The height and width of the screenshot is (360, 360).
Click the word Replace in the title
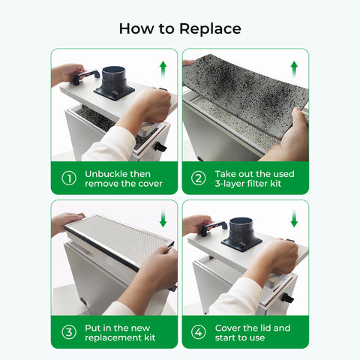(211, 28)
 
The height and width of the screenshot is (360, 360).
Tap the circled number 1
(69, 178)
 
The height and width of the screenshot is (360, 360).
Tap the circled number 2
(199, 178)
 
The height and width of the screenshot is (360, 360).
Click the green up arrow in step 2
(293, 67)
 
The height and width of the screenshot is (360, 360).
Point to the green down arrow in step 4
(293, 219)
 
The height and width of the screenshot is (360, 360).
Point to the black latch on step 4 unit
(288, 298)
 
